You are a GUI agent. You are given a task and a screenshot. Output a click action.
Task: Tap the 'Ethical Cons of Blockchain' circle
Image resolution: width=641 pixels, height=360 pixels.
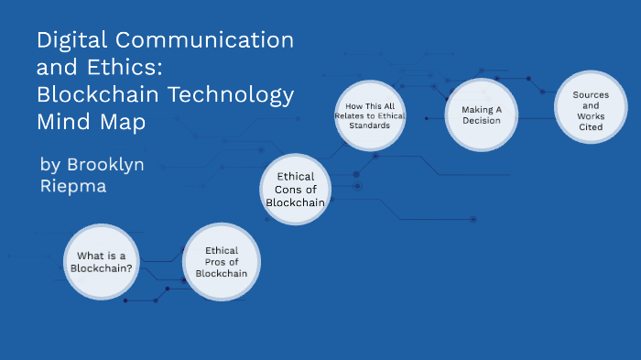pyautogui.click(x=295, y=189)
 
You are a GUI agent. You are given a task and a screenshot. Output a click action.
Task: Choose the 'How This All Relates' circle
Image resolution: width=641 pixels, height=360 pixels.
pyautogui.click(x=369, y=115)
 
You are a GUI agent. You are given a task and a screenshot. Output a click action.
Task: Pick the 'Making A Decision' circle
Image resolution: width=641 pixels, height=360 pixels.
pyautogui.click(x=480, y=115)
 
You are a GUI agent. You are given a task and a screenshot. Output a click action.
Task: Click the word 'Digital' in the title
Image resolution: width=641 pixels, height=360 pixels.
pyautogui.click(x=67, y=40)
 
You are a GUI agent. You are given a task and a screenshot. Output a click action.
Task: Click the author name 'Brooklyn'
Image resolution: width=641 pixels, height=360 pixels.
pyautogui.click(x=105, y=164)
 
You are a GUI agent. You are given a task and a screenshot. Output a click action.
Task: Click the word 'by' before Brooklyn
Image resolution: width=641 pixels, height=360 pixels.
pyautogui.click(x=50, y=165)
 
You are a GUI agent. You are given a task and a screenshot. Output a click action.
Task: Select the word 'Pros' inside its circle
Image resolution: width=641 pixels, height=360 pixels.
pyautogui.click(x=222, y=261)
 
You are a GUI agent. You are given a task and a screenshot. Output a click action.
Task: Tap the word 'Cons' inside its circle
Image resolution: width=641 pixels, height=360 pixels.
pyautogui.click(x=295, y=190)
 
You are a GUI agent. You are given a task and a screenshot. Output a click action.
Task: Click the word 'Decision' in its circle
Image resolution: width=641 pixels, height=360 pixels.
pyautogui.click(x=481, y=120)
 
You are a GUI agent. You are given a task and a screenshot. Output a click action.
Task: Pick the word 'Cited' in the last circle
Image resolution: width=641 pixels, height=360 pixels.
pyautogui.click(x=591, y=127)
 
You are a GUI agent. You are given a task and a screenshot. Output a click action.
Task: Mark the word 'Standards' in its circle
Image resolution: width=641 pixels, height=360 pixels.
pyautogui.click(x=370, y=125)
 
